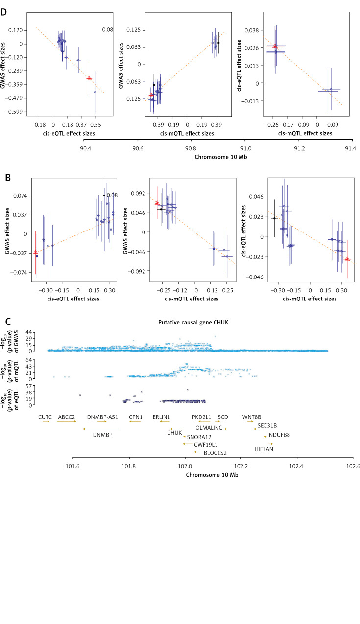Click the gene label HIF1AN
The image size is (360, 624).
click(x=264, y=448)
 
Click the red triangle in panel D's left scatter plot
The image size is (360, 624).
click(x=89, y=78)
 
